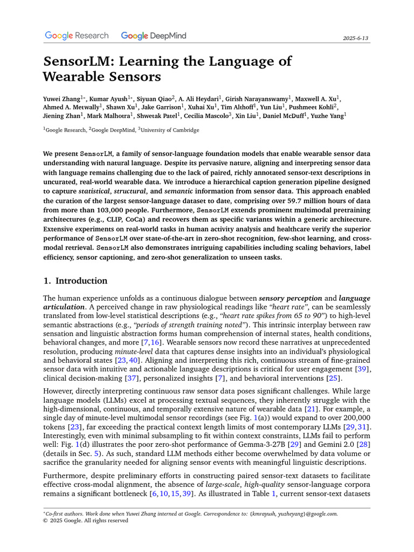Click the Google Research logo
coord(77,36)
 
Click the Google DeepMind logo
coord(154,36)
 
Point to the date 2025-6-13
coord(356,38)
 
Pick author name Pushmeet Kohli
coord(317,107)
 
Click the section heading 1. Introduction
coord(75,281)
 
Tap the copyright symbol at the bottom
coord(45,521)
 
